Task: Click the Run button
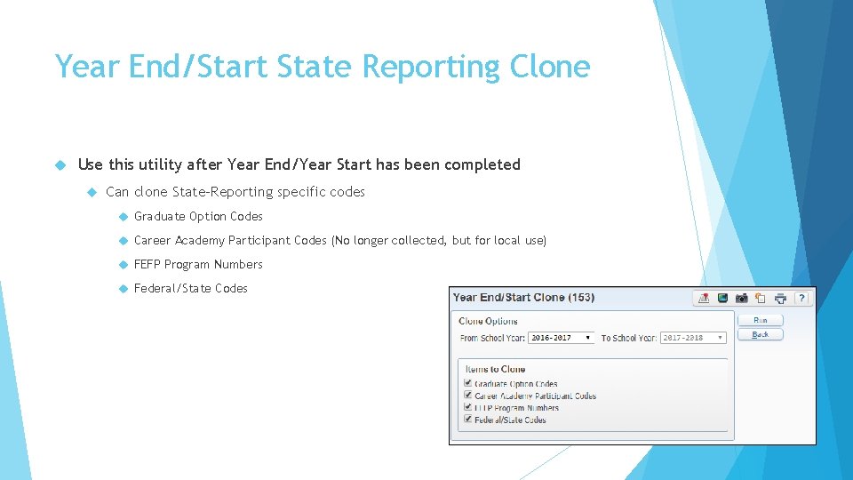760,320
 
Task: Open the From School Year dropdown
561,338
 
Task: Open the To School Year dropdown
693,338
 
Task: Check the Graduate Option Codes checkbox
468,383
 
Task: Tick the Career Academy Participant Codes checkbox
468,395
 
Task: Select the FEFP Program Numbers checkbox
468,407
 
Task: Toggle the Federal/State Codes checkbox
468,419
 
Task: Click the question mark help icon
801,298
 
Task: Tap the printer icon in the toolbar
780,298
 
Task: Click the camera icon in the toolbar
741,298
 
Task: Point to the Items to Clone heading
495,369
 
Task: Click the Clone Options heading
488,321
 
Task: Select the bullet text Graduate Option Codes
198,216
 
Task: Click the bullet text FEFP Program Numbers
198,264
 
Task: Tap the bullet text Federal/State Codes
190,288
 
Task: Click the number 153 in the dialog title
580,298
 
